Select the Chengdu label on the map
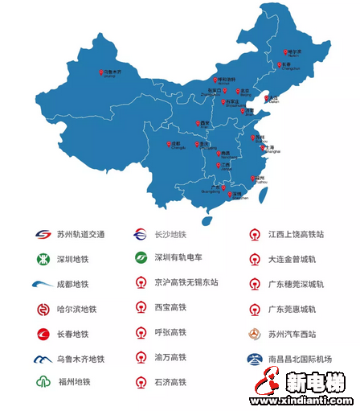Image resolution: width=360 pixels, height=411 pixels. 177,146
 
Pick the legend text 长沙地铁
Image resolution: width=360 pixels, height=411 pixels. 171,235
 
